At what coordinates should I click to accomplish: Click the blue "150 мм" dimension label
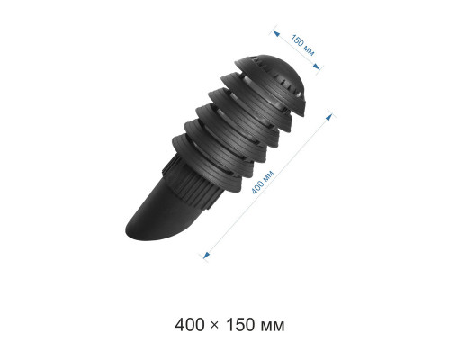(x=302, y=45)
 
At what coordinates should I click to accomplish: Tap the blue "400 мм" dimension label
(x=263, y=182)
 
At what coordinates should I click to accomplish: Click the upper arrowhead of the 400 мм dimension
(x=329, y=117)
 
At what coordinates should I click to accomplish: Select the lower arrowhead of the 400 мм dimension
(x=206, y=256)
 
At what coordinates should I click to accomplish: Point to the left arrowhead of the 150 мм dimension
(x=276, y=33)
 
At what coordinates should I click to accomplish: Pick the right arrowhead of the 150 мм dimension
(x=316, y=67)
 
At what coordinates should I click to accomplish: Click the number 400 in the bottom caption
(x=190, y=325)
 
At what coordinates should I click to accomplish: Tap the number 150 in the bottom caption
(x=240, y=325)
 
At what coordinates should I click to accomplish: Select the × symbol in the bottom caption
(x=215, y=326)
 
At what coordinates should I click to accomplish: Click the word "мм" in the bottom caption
(x=273, y=327)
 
